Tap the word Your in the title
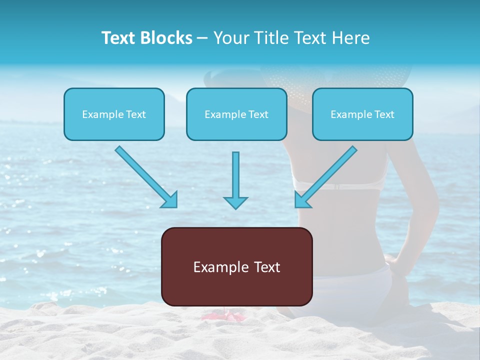[230, 38]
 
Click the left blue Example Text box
[114, 114]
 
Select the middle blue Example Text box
[236, 114]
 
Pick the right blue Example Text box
[362, 114]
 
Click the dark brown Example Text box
[236, 267]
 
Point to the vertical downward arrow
[235, 180]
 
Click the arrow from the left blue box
[146, 176]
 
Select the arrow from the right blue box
[325, 176]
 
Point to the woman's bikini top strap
[340, 186]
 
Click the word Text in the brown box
[265, 267]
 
